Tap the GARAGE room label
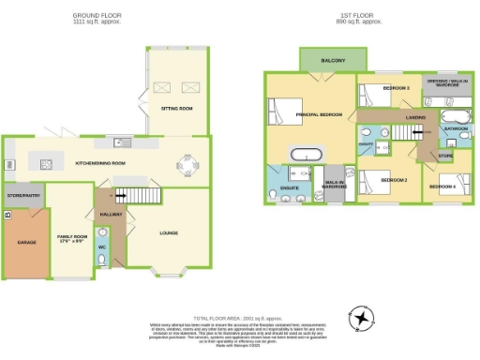coord(25,241)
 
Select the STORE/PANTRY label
coord(23,196)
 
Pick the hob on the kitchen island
coord(46,164)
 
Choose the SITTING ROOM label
coord(178,109)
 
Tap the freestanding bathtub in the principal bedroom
coord(305,153)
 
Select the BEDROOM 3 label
coord(396,88)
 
